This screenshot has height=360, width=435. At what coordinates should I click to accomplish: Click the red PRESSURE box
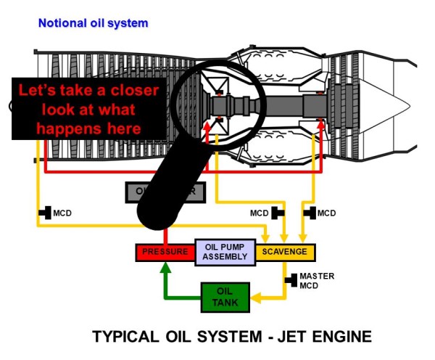(165, 253)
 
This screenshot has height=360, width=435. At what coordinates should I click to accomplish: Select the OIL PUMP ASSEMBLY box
(225, 251)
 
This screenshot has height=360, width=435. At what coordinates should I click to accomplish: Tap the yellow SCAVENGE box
(285, 253)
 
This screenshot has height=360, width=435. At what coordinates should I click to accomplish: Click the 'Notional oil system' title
(93, 23)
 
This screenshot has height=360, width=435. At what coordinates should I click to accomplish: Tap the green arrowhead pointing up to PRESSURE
(165, 267)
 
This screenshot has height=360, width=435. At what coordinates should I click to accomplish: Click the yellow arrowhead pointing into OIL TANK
(256, 296)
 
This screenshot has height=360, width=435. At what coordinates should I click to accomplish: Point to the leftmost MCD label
(62, 213)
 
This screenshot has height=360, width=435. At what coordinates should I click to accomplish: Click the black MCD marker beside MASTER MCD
(291, 279)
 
